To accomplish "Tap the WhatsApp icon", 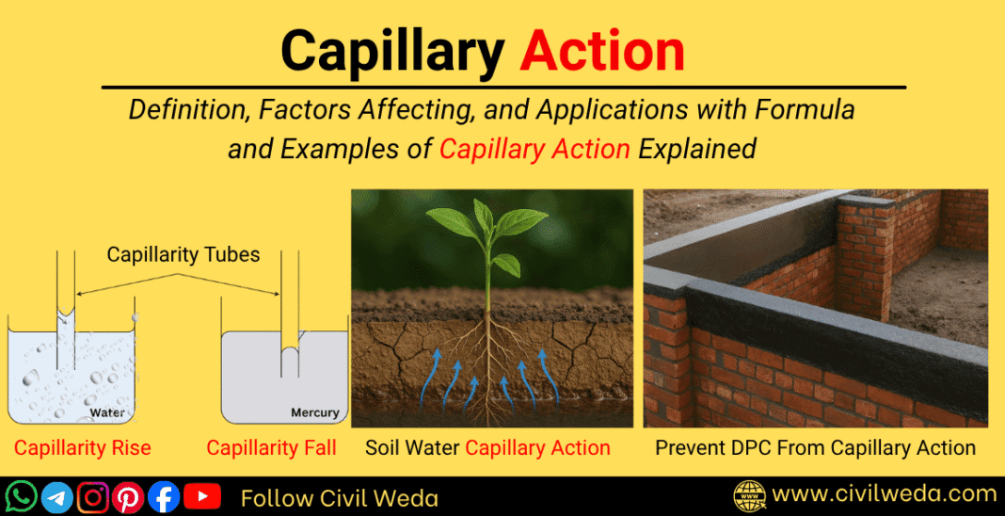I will pyautogui.click(x=21, y=496).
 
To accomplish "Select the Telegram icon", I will pyautogui.click(x=56, y=496).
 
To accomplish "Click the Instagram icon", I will pyautogui.click(x=92, y=496).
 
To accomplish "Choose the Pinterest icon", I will pyautogui.click(x=128, y=496).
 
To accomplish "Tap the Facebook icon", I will pyautogui.click(x=164, y=496).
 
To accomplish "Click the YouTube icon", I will pyautogui.click(x=201, y=496).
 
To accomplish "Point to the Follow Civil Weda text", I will pyautogui.click(x=339, y=497).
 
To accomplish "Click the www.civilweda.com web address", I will pyautogui.click(x=885, y=494).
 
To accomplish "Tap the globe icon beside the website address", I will pyautogui.click(x=750, y=495).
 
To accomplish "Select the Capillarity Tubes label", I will pyautogui.click(x=183, y=255).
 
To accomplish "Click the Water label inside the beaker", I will pyautogui.click(x=106, y=412).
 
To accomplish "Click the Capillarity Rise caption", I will pyautogui.click(x=82, y=448).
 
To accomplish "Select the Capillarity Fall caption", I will pyautogui.click(x=271, y=448).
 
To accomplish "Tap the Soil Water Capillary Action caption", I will pyautogui.click(x=487, y=448).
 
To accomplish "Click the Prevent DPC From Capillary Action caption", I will pyautogui.click(x=815, y=448).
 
